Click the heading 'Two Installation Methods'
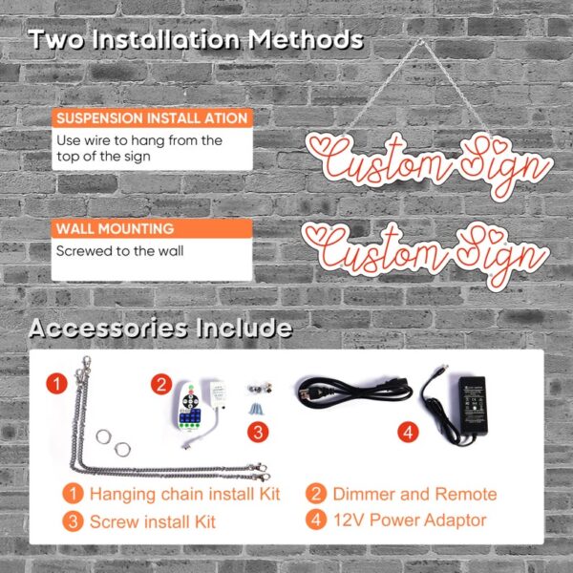[196, 39]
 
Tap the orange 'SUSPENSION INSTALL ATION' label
[152, 118]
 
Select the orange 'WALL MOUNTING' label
[115, 229]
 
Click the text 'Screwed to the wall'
[120, 251]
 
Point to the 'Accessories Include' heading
[160, 328]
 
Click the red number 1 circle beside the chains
[56, 384]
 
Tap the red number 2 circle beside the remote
[161, 384]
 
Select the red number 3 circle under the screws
[258, 433]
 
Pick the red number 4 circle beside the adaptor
[408, 433]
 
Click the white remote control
[187, 406]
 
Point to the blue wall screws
[257, 408]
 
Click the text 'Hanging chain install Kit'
[185, 494]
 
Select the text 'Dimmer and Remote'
[414, 494]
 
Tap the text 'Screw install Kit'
[153, 521]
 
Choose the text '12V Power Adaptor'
[410, 520]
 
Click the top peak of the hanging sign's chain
[420, 41]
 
